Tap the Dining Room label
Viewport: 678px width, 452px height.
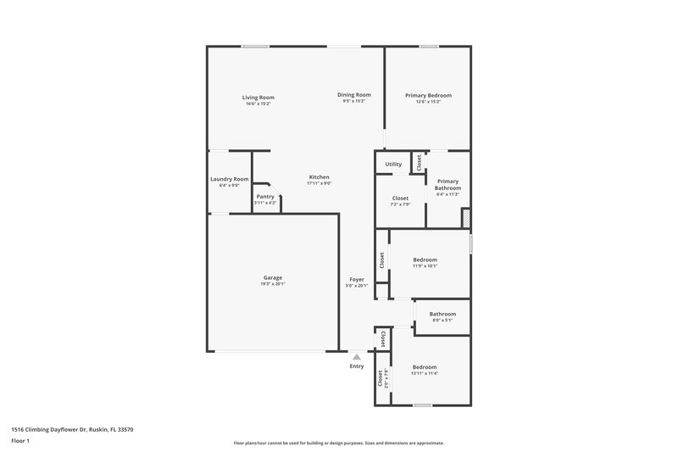(354, 95)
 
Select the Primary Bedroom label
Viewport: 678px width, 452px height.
(428, 95)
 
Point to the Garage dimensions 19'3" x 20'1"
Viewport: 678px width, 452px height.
(272, 284)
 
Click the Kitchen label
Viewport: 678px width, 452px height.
(319, 177)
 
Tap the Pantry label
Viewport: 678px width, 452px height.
(266, 197)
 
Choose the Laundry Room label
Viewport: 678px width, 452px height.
(229, 179)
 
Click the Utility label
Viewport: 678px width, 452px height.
(393, 165)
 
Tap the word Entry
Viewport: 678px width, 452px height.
(357, 366)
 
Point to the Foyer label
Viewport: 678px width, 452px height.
(357, 280)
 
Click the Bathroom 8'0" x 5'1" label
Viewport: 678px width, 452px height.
(442, 315)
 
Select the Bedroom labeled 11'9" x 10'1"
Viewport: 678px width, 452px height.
(425, 259)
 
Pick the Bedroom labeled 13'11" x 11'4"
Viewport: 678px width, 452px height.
(425, 367)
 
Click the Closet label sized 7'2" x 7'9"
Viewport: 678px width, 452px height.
(400, 198)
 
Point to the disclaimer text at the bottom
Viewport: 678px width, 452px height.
(338, 443)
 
